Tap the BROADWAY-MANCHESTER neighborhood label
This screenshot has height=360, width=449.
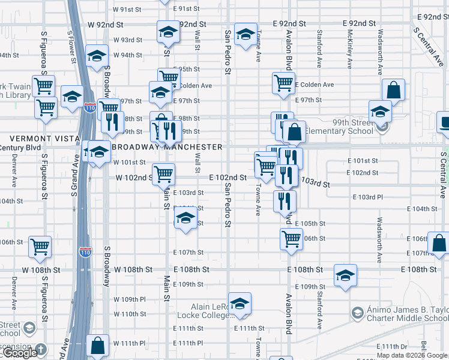[x=167, y=147]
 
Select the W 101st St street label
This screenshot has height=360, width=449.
[x=130, y=162]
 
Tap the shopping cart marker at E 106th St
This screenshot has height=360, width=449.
[x=291, y=238]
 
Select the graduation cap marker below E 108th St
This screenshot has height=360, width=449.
[x=345, y=275]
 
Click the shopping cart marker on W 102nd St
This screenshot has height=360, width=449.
[x=163, y=175]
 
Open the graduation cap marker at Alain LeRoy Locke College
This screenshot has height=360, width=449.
[x=240, y=304]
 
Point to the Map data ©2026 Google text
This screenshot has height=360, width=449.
[x=412, y=355]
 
